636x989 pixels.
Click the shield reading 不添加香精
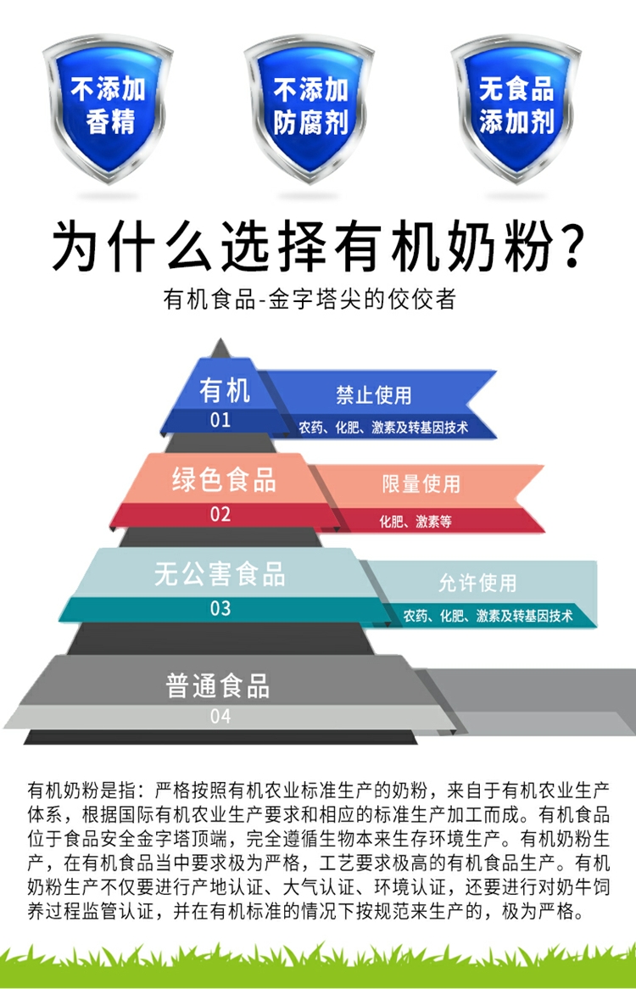click(x=109, y=106)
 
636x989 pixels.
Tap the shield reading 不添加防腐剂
click(x=310, y=106)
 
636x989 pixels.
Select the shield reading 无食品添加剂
click(x=516, y=106)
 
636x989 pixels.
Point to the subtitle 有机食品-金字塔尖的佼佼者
click(x=310, y=299)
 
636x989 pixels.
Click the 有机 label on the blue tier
click(x=225, y=391)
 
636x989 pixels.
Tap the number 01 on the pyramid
click(x=220, y=420)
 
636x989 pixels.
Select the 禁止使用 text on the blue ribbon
click(x=373, y=394)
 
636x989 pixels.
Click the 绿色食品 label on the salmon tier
click(x=224, y=480)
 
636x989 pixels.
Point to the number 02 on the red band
click(x=220, y=514)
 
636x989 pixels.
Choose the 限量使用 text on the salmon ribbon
click(x=421, y=484)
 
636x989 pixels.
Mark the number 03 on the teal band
click(x=220, y=608)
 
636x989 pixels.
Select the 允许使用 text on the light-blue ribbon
click(x=477, y=583)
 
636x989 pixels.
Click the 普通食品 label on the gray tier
click(x=218, y=685)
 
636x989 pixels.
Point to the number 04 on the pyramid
click(x=220, y=717)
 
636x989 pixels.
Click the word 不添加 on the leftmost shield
click(x=108, y=89)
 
